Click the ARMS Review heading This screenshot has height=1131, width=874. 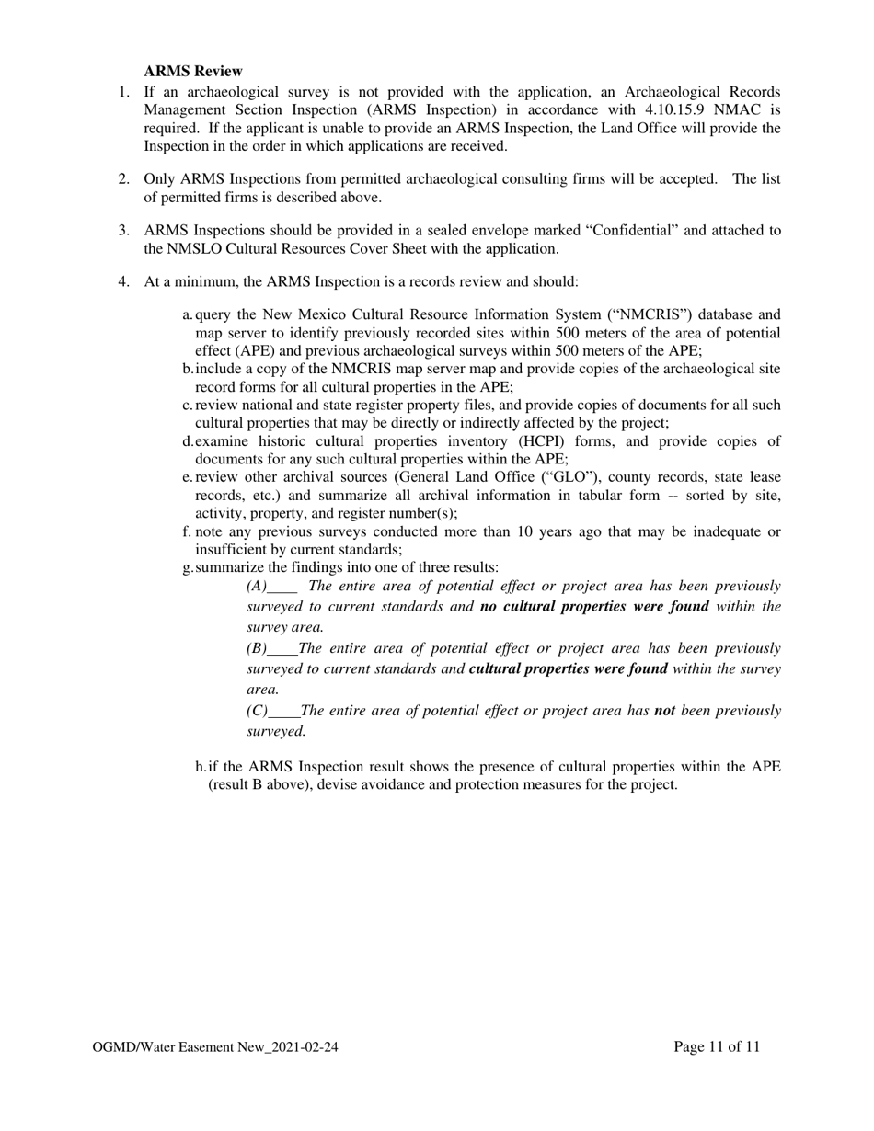click(193, 71)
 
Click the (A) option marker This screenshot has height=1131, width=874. click(257, 586)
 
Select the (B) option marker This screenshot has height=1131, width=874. click(257, 648)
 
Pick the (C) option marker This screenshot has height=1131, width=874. click(257, 711)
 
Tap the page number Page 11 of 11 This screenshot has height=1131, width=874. click(717, 1046)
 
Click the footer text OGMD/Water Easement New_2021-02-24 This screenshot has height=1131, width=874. click(215, 1046)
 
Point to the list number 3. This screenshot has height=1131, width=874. click(123, 230)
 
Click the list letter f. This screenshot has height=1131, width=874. click(187, 531)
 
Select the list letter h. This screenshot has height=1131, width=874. click(200, 767)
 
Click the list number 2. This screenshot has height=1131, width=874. click(123, 178)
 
